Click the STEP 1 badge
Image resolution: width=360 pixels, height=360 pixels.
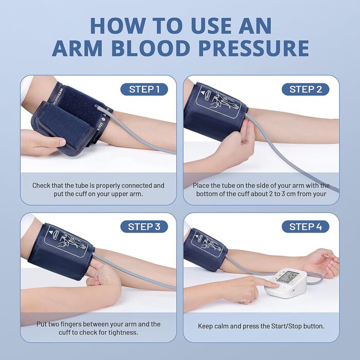[144, 89]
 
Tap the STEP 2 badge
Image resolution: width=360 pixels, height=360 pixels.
[305, 89]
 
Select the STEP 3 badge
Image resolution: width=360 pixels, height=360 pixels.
[144, 227]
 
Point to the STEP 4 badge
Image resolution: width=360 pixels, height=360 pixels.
[305, 227]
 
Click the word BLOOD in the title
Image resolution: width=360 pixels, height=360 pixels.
[151, 48]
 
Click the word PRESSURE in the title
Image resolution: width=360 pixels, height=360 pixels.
[254, 48]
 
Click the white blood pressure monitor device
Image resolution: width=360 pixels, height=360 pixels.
[286, 283]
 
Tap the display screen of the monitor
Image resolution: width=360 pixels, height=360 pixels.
[288, 277]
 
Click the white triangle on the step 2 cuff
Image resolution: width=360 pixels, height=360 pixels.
[203, 93]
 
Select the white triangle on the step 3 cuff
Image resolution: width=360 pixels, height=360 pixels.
[51, 232]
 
